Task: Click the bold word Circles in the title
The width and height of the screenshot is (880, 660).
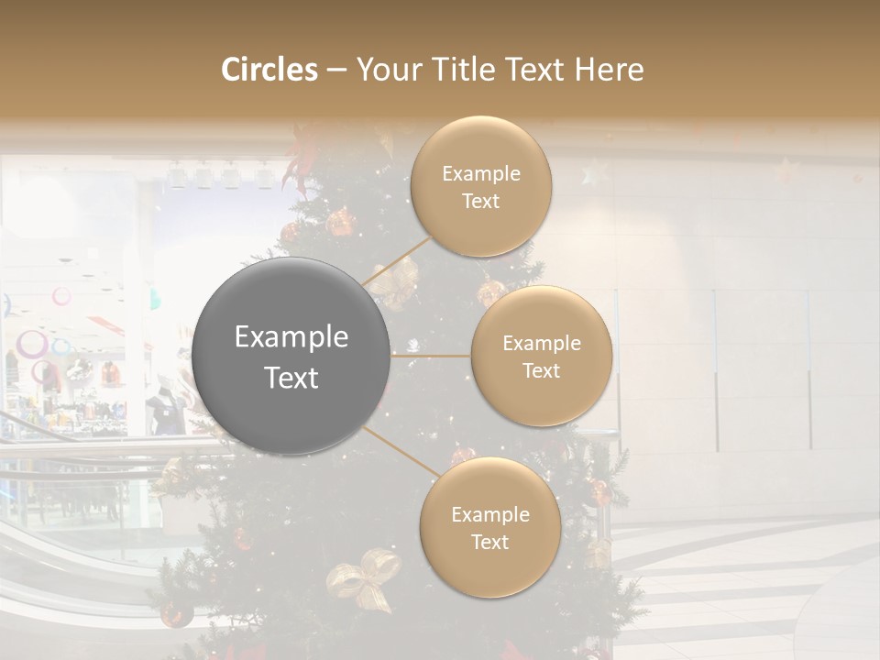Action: (x=269, y=70)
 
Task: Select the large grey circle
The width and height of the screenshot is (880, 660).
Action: (x=291, y=357)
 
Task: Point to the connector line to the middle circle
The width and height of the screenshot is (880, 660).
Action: (x=431, y=355)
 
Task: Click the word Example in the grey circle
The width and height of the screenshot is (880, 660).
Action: (x=291, y=337)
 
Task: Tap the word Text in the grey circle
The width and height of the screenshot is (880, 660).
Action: (x=291, y=378)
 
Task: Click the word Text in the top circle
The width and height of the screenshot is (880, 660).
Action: (x=481, y=202)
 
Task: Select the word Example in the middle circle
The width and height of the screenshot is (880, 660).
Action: (x=542, y=344)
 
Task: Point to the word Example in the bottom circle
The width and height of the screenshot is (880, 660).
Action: (x=490, y=515)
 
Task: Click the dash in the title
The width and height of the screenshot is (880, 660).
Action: (x=336, y=70)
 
